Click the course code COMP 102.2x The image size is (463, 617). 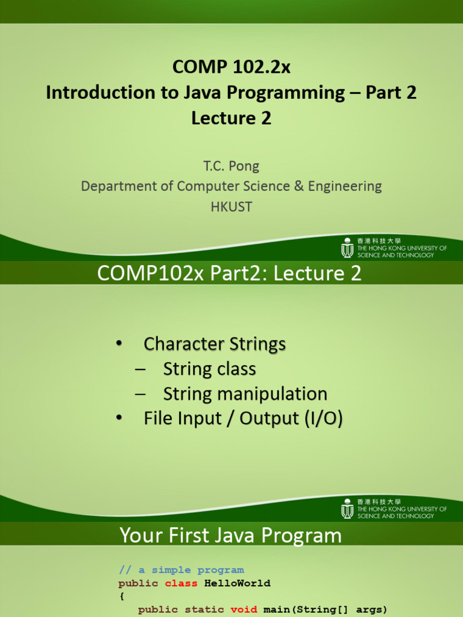pos(231,66)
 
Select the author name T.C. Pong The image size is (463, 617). pos(231,166)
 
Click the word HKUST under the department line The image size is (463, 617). pos(231,207)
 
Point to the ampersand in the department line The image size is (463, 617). pos(299,186)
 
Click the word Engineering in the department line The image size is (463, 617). pos(345,187)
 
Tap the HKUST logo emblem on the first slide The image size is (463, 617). pos(347,248)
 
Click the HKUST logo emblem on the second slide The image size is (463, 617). pos(347,509)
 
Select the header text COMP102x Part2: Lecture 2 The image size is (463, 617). pos(229,273)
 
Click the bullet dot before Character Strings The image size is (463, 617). pos(119,343)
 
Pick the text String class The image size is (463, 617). pos(209,369)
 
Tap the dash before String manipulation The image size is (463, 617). pos(140,394)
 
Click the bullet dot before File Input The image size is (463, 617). pos(119,418)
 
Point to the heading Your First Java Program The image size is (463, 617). pos(231,535)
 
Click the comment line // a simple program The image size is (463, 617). pos(181,570)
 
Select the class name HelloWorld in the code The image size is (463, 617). pos(238,583)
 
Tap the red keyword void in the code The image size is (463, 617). pos(244,609)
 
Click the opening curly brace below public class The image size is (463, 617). pos(122,597)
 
